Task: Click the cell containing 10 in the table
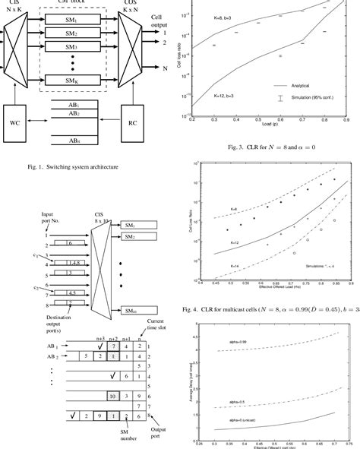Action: pyautogui.click(x=111, y=396)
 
